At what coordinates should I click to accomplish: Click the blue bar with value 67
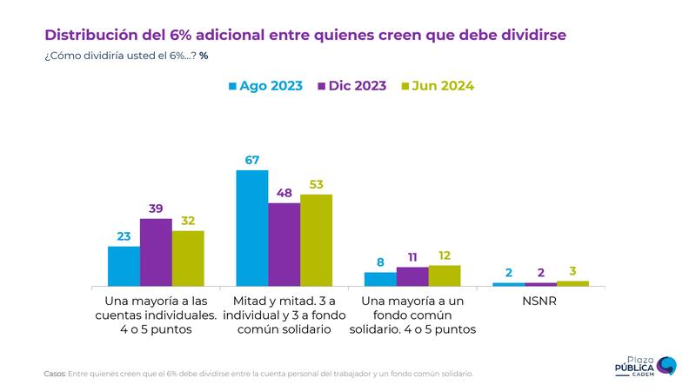point(252,228)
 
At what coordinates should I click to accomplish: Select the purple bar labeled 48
point(284,244)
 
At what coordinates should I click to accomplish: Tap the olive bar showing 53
point(316,240)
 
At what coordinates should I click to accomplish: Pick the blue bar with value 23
point(124,266)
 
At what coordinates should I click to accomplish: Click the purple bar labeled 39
point(156,252)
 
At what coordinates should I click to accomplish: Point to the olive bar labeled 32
point(188,258)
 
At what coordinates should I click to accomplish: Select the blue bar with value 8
point(380,279)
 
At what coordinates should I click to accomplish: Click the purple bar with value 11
point(412,276)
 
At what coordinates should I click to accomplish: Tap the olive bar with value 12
point(445,275)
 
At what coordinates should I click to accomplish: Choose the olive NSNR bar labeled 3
point(572,283)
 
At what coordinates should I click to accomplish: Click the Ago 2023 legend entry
point(265,86)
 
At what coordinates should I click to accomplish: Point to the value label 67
point(252,160)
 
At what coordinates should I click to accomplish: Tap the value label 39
point(156,209)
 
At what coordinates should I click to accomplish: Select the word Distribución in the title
point(93,36)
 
